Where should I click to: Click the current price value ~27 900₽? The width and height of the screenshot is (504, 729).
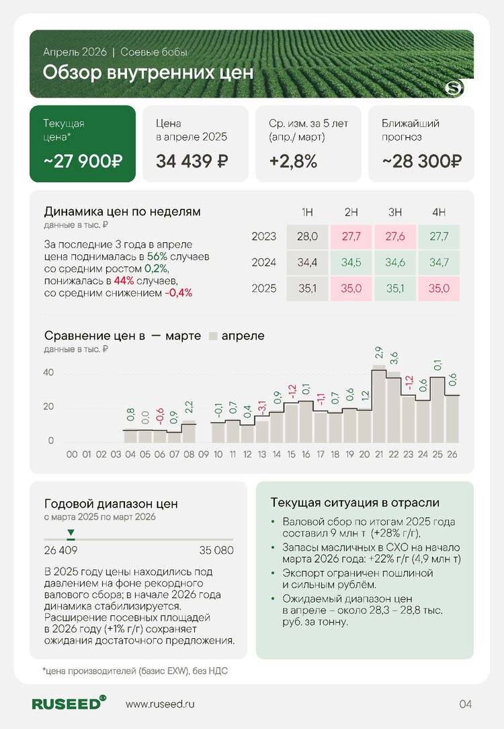point(83,162)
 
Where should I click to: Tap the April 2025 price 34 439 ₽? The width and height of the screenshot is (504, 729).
point(192,162)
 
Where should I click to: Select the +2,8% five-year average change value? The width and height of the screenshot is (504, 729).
point(293,162)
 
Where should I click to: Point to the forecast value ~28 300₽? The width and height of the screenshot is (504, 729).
point(421,162)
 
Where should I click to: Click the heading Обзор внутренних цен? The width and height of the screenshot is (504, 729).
point(148,73)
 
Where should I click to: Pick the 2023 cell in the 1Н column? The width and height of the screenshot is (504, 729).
point(307,237)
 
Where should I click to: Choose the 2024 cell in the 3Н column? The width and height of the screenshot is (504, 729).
point(394,263)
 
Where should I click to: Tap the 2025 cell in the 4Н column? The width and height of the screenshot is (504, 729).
point(438,289)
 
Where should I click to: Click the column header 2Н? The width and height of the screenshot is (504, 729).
point(351,213)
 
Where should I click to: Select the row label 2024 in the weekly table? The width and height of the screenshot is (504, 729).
point(264,263)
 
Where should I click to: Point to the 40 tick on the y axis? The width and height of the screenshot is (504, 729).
point(49,373)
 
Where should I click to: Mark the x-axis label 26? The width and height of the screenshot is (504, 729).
point(452,455)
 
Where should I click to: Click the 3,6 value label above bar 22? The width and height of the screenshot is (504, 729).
point(394,356)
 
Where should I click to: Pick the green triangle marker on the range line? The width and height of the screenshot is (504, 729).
point(71,533)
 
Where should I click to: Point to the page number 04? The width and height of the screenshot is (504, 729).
point(466,704)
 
